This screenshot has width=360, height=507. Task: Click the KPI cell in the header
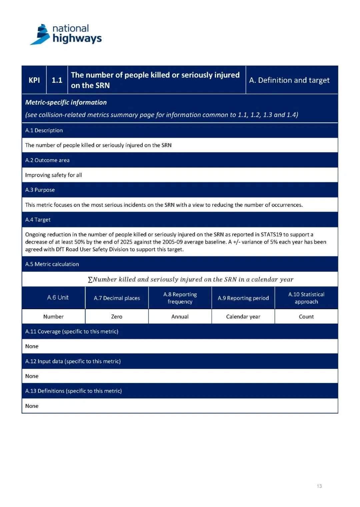click(34, 80)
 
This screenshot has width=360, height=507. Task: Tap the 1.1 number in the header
click(57, 80)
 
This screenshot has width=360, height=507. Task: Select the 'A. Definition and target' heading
click(289, 80)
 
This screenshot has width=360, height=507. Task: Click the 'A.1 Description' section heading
click(44, 130)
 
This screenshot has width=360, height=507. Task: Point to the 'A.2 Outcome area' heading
click(47, 160)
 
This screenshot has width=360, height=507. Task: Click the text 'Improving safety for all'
click(53, 175)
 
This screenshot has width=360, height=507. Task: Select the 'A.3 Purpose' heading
click(40, 190)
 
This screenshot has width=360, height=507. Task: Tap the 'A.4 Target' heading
click(38, 220)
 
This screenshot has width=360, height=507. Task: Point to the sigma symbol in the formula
click(90, 280)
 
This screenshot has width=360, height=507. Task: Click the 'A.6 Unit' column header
click(58, 298)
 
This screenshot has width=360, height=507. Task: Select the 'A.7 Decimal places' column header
click(117, 298)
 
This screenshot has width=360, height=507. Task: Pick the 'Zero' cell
click(117, 317)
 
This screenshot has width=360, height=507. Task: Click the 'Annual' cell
click(180, 317)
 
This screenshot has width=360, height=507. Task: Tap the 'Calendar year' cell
click(243, 317)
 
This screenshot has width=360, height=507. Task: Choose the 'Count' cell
click(306, 317)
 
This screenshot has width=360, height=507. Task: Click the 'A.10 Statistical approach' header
click(306, 298)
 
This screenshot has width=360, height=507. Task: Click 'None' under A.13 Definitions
click(32, 406)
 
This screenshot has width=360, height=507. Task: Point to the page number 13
click(319, 486)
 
